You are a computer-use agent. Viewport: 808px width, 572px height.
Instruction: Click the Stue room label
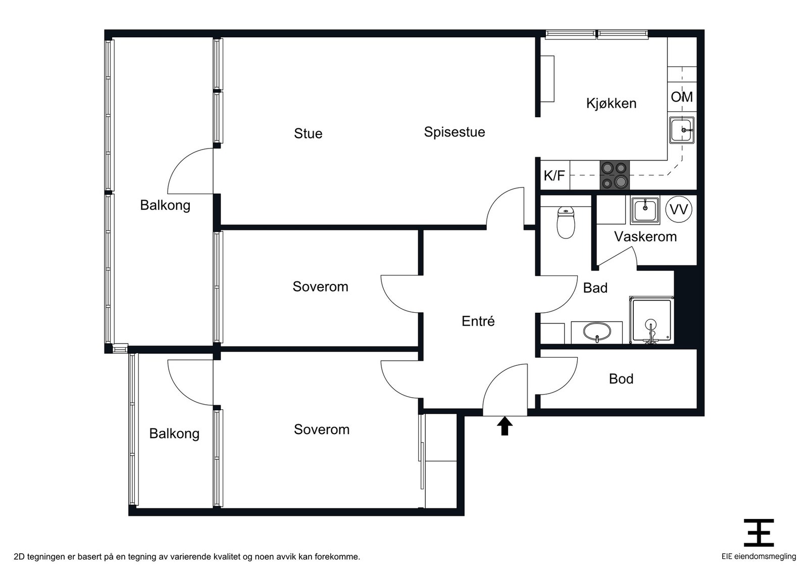[x=308, y=133]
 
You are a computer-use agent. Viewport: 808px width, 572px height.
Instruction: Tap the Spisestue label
[x=454, y=132]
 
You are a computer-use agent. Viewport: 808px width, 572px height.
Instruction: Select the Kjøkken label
[x=611, y=104]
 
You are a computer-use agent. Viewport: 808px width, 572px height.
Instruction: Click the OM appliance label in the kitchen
[x=682, y=97]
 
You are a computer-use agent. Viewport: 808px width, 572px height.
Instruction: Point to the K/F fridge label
[x=554, y=176]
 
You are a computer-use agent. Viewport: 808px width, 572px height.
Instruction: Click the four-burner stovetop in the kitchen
[x=615, y=175]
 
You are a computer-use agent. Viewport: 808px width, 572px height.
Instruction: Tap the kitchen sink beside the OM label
[x=682, y=130]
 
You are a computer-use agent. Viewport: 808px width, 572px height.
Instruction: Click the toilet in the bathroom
[x=566, y=222]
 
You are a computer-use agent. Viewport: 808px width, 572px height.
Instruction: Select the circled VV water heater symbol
[x=679, y=209]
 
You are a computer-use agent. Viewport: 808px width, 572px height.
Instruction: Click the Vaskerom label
[x=645, y=237]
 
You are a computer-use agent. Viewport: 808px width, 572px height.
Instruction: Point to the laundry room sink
[x=645, y=210]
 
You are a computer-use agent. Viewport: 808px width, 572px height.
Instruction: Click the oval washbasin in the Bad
[x=597, y=331]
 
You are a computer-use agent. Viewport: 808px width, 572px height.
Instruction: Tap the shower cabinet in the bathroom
[x=651, y=320]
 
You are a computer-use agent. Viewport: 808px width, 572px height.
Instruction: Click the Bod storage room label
[x=621, y=379]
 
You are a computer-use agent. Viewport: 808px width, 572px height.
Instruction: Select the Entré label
[x=478, y=321]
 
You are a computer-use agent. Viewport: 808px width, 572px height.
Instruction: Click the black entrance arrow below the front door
[x=504, y=426]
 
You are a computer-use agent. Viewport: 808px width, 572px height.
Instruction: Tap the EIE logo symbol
[x=759, y=533]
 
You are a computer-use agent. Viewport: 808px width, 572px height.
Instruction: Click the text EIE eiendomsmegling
[x=759, y=556]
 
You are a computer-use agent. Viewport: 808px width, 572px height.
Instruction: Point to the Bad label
[x=595, y=288]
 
